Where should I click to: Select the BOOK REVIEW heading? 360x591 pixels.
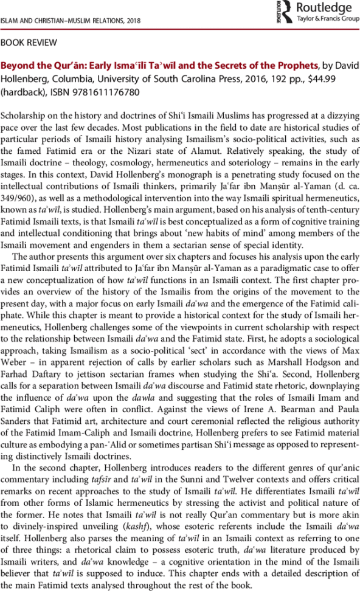point(29,43)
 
